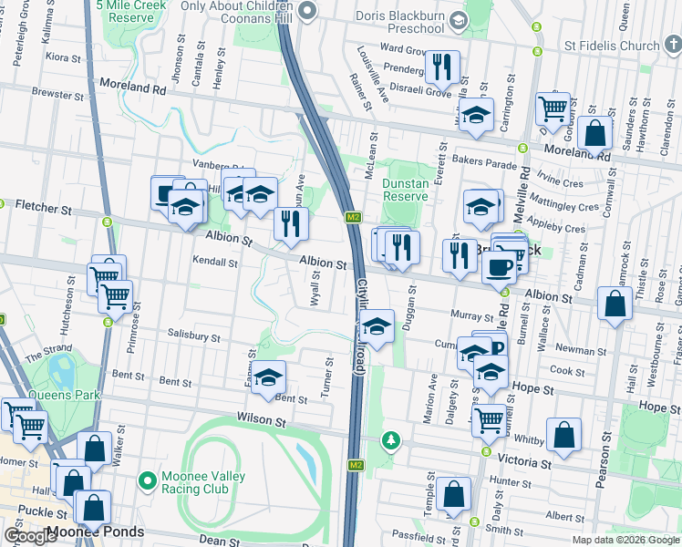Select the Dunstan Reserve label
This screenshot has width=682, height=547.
point(406,189)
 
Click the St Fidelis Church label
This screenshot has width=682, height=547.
point(611,46)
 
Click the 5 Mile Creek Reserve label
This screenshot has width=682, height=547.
point(137,11)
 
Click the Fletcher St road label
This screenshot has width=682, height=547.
point(43,210)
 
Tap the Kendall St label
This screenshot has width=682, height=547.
point(214,263)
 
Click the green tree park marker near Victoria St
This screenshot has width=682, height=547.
point(391,441)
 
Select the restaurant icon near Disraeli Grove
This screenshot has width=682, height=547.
point(442,67)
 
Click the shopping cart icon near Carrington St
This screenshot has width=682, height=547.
point(553,108)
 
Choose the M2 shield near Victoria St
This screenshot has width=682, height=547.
point(356,466)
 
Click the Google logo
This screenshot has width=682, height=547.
point(31,536)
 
